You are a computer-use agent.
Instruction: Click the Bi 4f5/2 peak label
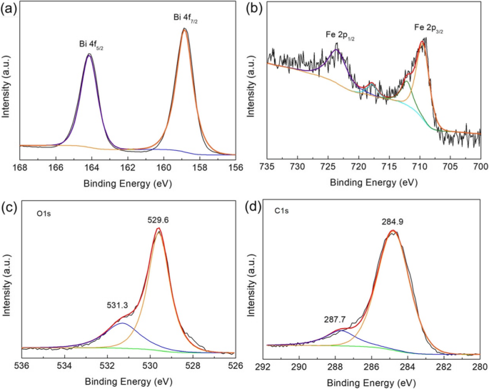94,44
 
